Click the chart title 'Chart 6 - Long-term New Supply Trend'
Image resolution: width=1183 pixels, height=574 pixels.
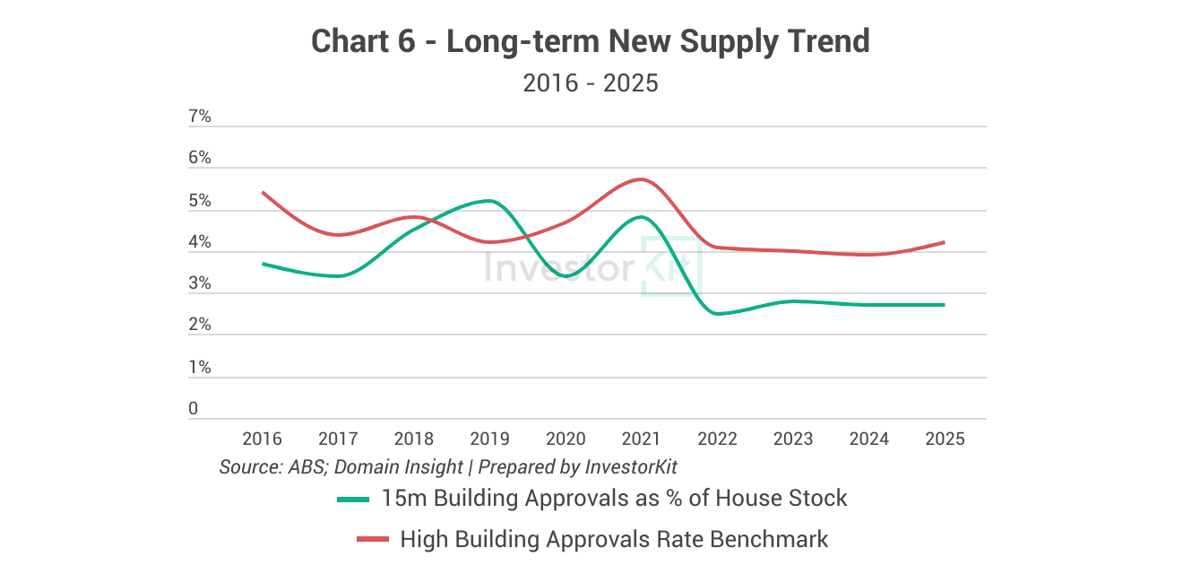591,41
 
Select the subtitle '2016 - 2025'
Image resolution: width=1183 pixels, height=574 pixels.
591,83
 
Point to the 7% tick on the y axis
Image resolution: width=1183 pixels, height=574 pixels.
199,117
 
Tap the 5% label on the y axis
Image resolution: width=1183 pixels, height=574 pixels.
199,201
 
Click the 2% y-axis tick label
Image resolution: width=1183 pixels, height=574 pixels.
199,325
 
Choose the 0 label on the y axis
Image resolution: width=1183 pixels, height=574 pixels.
193,409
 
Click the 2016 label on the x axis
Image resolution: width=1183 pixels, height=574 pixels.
262,439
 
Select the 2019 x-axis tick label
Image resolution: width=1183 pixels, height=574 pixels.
489,439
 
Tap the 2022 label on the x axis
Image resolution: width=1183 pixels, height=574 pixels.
717,439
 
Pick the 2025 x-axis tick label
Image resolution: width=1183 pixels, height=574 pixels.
945,439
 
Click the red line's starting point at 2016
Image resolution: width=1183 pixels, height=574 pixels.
263,192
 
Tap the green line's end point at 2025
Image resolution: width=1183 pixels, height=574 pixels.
944,305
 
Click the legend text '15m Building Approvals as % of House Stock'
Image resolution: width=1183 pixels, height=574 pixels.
614,498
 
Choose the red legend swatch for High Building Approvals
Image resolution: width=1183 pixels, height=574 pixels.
373,539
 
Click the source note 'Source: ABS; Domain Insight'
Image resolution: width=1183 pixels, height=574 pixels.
341,467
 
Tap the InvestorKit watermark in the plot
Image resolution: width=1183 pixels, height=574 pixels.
591,267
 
